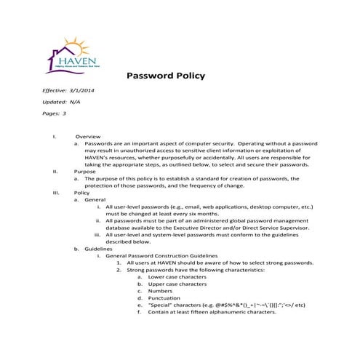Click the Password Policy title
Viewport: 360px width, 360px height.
tap(166, 76)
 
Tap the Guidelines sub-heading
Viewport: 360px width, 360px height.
tap(99, 249)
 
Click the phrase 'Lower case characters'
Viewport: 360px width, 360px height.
tap(176, 277)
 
